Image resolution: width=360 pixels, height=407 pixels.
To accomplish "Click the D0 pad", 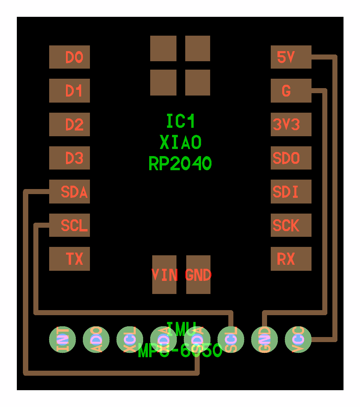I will pos(69,57).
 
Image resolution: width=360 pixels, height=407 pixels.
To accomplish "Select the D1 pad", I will pos(69,91).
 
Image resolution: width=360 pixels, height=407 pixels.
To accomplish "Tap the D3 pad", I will pos(69,158).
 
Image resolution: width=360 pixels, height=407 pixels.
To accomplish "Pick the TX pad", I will pos(69,259).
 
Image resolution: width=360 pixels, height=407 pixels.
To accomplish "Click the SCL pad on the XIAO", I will pos(69,225).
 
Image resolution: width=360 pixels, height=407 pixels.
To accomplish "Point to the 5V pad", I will pos(291,57).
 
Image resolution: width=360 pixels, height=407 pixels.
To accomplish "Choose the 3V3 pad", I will pos(291,124).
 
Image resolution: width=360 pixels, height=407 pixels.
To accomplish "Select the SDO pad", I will pos(291,158).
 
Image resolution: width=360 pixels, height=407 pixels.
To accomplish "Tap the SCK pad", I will pos(291,225).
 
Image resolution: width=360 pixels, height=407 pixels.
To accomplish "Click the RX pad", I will pos(291,259).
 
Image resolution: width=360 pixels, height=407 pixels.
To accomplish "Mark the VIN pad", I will pos(164,275).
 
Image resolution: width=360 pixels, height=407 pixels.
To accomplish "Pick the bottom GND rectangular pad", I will pos(198,275).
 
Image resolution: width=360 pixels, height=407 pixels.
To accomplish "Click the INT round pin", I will pos(62,339).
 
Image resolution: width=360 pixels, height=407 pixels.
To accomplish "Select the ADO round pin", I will pos(96,339).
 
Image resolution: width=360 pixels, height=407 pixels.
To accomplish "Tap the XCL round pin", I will pos(130,339).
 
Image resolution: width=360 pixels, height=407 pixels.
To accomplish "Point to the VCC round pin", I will pos(298,339).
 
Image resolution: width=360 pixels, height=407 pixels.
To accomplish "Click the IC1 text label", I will pos(181,121).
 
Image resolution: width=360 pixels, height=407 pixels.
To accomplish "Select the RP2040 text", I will pos(180,164).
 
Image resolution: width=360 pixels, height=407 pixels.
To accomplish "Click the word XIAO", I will pos(181,143).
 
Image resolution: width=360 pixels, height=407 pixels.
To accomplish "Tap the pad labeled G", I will pos(291,91).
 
